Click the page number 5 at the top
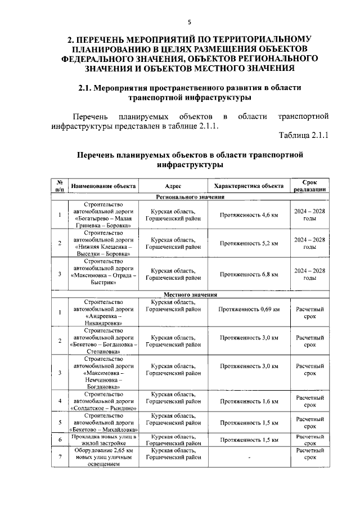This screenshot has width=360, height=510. [190, 22]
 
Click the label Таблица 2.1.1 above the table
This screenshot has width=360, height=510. [303, 136]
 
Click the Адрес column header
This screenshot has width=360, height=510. [173, 186]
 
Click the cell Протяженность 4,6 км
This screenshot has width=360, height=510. [249, 215]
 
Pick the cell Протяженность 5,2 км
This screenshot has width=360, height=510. [249, 243]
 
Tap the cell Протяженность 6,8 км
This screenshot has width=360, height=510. [249, 274]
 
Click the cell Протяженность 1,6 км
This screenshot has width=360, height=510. [249, 401]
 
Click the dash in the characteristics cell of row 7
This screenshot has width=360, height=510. [249, 457]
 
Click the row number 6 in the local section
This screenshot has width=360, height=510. [60, 440]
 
